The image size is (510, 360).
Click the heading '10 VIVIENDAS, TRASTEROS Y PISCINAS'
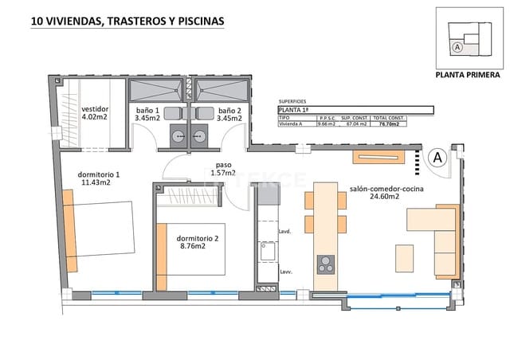(x=127, y=22)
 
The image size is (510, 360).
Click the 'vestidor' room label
(x=95, y=108)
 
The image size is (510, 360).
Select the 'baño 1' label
(x=147, y=111)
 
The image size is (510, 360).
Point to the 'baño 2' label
(x=229, y=111)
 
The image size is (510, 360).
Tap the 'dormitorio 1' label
(x=99, y=175)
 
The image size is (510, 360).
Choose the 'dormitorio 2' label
(x=198, y=238)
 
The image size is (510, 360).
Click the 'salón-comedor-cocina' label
(x=386, y=188)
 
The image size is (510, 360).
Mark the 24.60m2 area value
(x=386, y=197)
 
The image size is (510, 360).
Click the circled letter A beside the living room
(x=437, y=158)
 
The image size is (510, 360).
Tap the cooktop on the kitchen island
(x=325, y=264)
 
